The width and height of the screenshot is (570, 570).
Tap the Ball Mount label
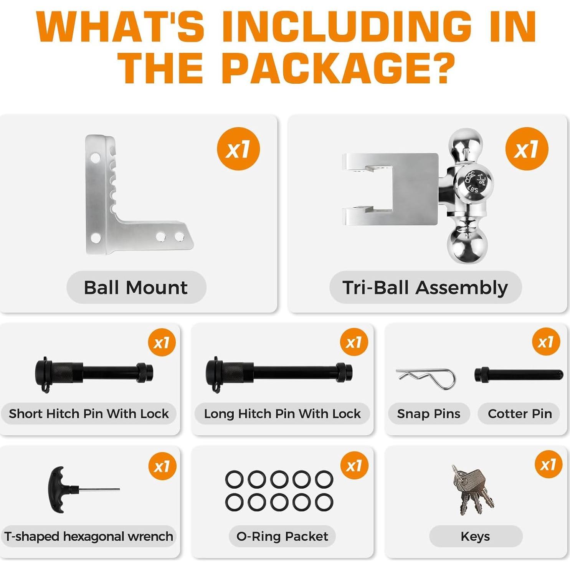pos(136,287)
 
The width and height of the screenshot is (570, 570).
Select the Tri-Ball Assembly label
pos(425,287)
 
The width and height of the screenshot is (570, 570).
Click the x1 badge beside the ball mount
pos(238,149)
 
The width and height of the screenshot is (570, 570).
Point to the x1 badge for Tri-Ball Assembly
pos(527,149)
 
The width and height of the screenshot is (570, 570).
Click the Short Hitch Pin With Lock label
pos(89,414)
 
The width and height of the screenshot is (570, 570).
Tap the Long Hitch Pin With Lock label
pos(283,414)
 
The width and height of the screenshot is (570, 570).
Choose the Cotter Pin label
pos(520,414)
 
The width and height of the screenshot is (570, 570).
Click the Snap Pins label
pos(429,414)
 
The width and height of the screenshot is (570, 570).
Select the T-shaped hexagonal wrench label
pos(89,536)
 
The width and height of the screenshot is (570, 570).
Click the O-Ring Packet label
pos(283,536)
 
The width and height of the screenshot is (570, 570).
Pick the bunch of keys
pos(472,489)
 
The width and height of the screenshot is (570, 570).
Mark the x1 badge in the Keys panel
pos(548,464)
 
